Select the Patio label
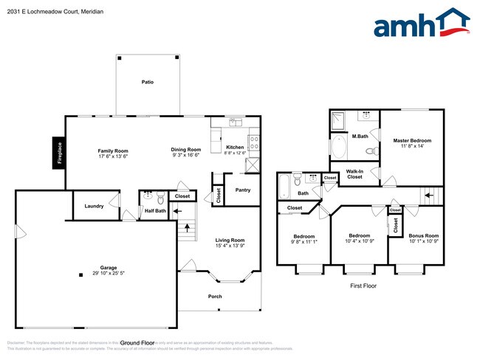tap(148, 82)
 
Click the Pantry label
tap(242, 190)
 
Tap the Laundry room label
tap(94, 206)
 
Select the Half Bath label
tap(154, 210)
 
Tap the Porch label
tap(215, 297)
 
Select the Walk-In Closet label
tap(354, 174)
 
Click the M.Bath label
tap(360, 136)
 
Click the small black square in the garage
tap(80, 275)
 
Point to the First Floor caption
tap(363, 284)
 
